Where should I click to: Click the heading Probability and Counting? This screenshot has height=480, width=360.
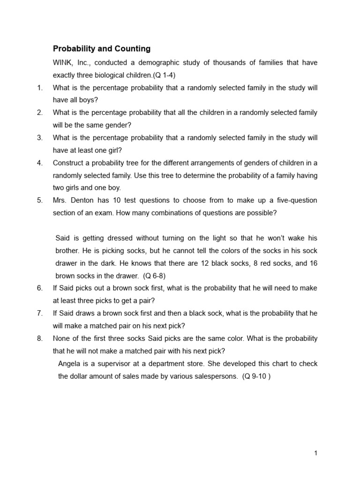click(x=101, y=48)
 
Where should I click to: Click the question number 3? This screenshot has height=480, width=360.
click(x=40, y=138)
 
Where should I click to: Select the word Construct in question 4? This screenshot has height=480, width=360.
click(x=69, y=163)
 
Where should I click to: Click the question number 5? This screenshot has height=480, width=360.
click(x=40, y=200)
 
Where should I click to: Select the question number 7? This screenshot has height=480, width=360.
click(x=40, y=313)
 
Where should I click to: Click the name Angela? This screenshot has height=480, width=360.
click(x=69, y=364)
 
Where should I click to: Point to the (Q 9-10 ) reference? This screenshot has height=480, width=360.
click(x=256, y=376)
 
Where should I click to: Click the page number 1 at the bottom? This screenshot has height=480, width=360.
click(x=316, y=453)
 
